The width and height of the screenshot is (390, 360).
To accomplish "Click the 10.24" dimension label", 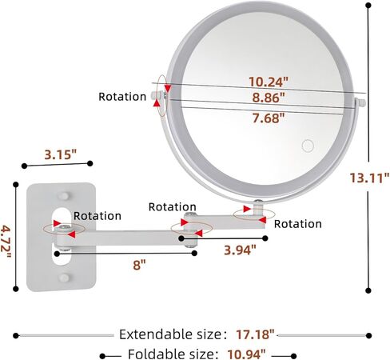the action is tap(269, 82).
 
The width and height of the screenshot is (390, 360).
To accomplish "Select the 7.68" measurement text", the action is tap(269, 118).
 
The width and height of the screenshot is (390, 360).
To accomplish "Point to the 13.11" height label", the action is tap(369, 178).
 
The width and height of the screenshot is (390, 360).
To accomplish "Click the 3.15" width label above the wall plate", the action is tap(61, 154).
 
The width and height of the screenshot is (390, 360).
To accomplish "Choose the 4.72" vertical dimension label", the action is tap(6, 242).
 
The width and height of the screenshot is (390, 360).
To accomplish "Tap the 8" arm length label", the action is tap(140, 265).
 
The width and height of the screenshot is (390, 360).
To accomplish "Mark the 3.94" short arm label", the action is tap(240, 250).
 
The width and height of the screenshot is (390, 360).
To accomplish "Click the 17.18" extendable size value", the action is tap(255, 334).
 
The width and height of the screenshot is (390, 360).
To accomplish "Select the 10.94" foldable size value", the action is tap(246, 354).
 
